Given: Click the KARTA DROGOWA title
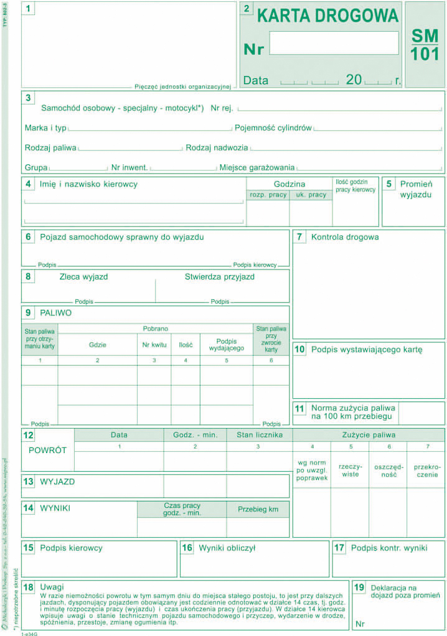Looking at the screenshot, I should tap(328, 15).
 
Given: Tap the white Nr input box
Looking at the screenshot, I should tap(334, 43).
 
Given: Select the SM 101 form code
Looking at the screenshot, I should tap(425, 45).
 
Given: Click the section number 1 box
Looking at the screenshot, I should tap(29, 9).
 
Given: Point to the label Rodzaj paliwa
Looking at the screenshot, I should tap(50, 148).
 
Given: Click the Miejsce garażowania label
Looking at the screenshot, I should tap(257, 167).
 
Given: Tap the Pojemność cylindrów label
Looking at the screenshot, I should tap(273, 128).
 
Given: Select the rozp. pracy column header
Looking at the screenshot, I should tap(268, 195).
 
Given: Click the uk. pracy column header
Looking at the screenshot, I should tap(311, 195).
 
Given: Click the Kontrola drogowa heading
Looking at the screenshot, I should tap(345, 237).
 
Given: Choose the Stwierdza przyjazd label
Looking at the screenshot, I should tap(219, 277).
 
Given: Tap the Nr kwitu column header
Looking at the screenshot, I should tap(154, 344).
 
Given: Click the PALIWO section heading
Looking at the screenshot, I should tap(55, 313).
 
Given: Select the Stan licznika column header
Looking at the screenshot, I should tap(259, 435).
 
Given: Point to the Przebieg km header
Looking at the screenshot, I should tap(258, 509).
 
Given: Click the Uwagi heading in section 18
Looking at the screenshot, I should tap(52, 587).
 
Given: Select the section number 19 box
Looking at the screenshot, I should tap(359, 587).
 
